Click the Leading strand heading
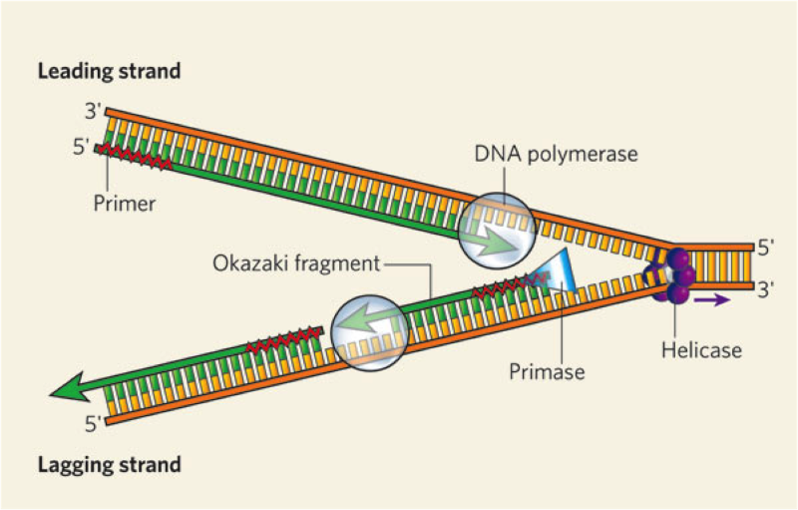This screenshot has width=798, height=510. coord(109,71)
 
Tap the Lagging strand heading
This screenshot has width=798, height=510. coord(110,465)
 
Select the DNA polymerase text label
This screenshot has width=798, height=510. coord(556,155)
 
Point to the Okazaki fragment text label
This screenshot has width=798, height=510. coord(296,264)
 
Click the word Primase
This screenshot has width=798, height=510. coord(547,372)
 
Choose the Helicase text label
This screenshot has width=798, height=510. coord(701,350)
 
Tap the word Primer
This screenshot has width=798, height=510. coord(124,204)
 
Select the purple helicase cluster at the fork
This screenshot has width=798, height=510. coord(670,274)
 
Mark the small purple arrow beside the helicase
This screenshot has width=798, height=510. coord(712,299)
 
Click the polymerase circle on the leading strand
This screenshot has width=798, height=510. coord(497,233)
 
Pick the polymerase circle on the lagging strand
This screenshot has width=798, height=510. coord(369,333)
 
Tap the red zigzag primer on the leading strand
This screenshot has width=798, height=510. coord(135,156)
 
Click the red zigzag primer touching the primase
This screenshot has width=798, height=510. coord(510,285)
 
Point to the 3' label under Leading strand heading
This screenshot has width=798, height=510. coord(94,111)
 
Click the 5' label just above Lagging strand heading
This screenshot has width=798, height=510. coord(94,423)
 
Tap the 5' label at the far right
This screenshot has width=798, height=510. coord(765,248)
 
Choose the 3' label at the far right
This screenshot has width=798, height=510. coord(765,289)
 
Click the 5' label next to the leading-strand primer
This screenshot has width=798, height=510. coord(82,147)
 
